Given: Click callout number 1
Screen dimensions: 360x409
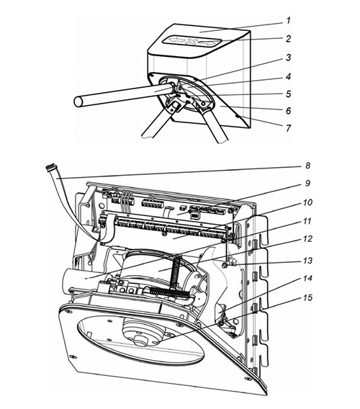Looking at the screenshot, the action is click(x=288, y=20).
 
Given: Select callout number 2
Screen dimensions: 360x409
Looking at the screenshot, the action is click(x=288, y=39).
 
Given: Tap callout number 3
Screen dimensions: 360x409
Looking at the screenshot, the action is click(x=288, y=58).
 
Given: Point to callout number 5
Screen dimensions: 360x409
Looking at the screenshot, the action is click(x=288, y=94).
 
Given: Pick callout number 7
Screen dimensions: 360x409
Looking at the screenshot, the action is click(x=288, y=128).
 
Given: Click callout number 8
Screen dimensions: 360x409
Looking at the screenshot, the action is click(x=307, y=166).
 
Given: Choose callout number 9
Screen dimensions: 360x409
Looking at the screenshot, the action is click(x=307, y=183).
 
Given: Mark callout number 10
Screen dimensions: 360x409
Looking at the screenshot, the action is click(x=307, y=202).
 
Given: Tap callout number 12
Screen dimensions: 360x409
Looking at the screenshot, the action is click(x=307, y=238).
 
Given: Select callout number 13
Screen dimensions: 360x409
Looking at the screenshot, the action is click(x=307, y=261).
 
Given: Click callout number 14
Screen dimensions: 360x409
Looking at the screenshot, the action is click(x=307, y=279).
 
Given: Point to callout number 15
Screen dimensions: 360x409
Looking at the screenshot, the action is click(x=307, y=297).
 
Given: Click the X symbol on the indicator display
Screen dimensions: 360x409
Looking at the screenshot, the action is click(x=192, y=41).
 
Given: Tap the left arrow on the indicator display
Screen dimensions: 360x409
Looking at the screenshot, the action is click(x=177, y=40).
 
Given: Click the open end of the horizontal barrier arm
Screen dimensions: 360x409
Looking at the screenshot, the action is click(x=78, y=102).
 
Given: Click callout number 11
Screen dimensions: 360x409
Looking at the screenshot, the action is click(x=307, y=221).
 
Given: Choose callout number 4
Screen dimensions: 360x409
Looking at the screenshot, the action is click(x=288, y=76).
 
